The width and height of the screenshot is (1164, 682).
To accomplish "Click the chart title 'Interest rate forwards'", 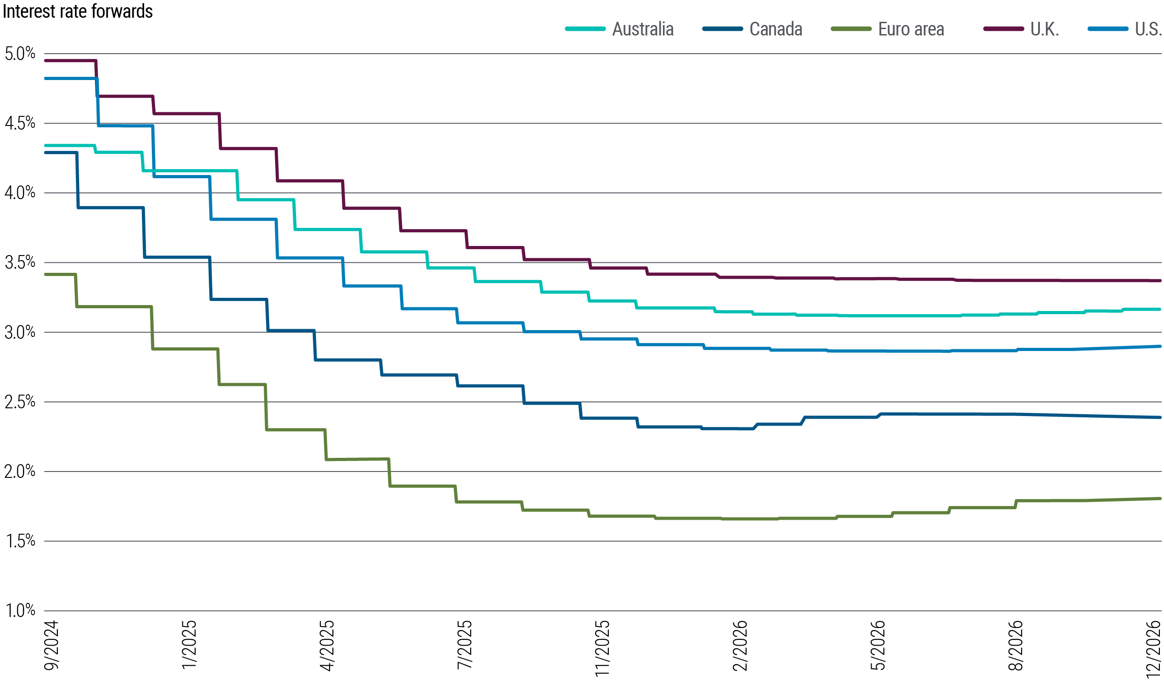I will tap(78, 11).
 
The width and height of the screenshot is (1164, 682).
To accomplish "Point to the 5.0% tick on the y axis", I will tap(20, 54).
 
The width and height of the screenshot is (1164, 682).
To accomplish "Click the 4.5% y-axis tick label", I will tap(20, 123).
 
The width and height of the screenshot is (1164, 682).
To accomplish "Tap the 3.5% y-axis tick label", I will tap(20, 262).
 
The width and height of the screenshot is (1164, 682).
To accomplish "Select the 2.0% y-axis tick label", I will tap(20, 471).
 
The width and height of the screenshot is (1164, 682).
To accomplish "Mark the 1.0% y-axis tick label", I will tap(20, 611).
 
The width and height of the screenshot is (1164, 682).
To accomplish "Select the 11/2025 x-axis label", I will tap(602, 648).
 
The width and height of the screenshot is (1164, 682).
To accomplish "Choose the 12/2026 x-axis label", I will tap(1154, 648).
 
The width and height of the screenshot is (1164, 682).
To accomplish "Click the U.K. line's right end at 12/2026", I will tap(1160, 280).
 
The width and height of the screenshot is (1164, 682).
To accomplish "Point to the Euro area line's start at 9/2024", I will tap(45, 274).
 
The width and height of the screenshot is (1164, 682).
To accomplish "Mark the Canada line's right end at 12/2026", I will tap(1160, 417).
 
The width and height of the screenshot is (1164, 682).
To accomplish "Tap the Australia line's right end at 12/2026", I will tap(1160, 309).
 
